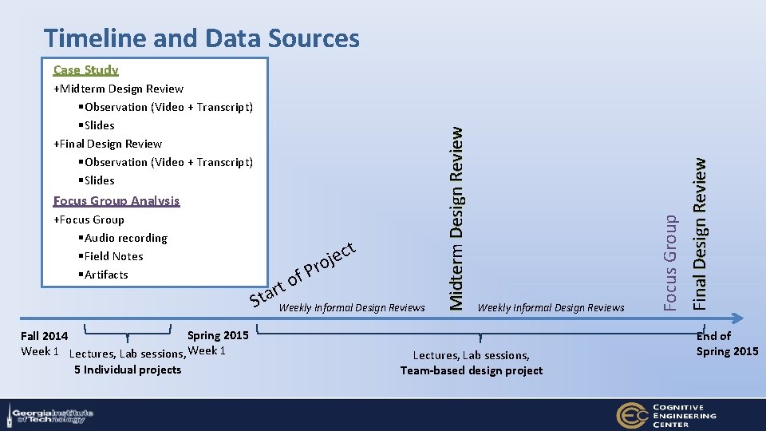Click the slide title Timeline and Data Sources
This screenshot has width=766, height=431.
click(202, 38)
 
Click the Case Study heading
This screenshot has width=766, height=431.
click(85, 70)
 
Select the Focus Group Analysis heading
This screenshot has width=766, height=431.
click(116, 201)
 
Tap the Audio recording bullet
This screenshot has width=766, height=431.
click(124, 238)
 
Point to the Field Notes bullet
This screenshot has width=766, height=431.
click(112, 256)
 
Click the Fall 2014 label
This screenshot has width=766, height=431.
click(44, 336)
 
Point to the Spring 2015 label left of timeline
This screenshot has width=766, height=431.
click(218, 335)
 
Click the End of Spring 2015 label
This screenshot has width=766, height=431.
click(727, 344)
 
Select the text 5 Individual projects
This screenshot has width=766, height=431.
click(128, 370)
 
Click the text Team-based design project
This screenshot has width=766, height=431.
click(472, 370)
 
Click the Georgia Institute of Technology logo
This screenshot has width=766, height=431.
click(50, 414)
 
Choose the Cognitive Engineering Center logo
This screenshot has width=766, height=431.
click(666, 414)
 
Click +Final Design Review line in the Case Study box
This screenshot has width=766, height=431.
click(108, 144)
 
